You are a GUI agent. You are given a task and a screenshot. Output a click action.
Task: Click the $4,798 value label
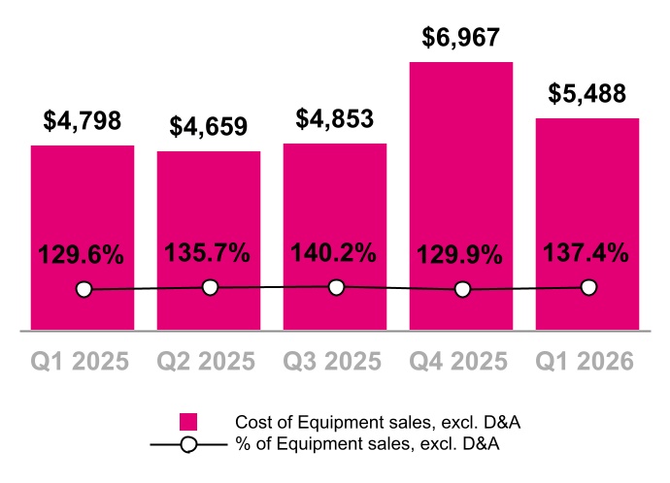(82, 121)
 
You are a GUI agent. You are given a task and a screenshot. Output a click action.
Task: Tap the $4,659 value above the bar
(208, 127)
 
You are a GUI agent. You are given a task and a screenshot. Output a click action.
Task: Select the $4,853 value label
(334, 118)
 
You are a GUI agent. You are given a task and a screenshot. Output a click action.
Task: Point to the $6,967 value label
(460, 38)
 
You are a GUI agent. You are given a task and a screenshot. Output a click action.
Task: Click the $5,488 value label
(586, 94)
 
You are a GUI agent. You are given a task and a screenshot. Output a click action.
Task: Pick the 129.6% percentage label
(82, 256)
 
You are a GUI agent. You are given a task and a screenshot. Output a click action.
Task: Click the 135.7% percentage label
(208, 254)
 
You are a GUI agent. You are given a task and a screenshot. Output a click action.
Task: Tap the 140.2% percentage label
(334, 253)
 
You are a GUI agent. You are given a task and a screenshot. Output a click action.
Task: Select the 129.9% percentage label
(460, 256)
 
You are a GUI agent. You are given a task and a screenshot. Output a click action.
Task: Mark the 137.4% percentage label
(586, 254)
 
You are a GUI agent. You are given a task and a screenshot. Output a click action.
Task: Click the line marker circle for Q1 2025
(84, 289)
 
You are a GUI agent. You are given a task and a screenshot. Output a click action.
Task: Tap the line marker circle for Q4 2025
(462, 289)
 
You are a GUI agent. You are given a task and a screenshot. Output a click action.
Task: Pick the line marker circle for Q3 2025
(336, 287)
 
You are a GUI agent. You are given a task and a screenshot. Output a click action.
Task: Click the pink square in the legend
(188, 422)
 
